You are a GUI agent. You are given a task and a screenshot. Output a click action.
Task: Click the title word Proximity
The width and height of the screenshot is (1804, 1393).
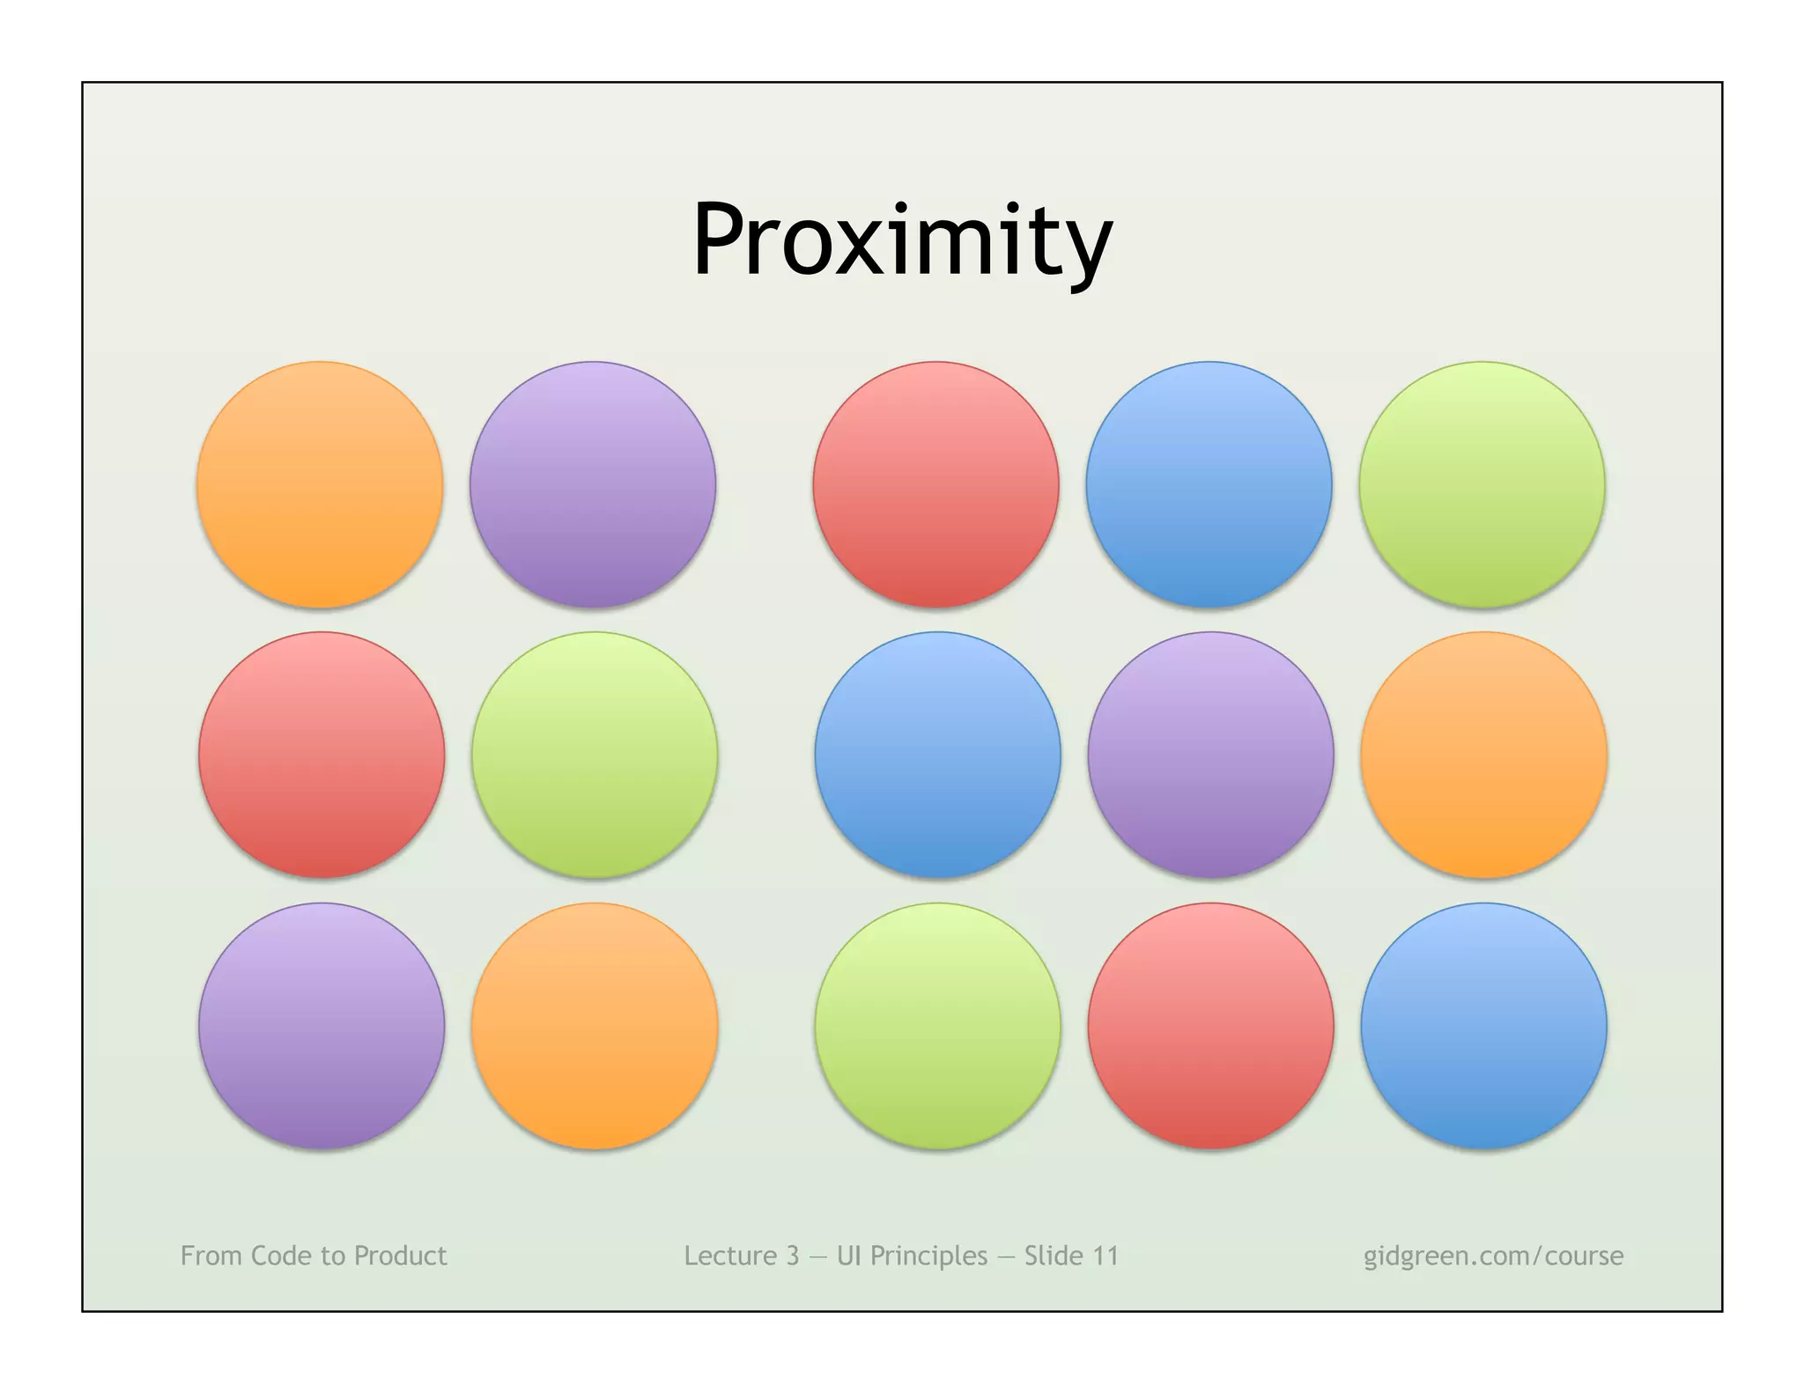click(x=902, y=240)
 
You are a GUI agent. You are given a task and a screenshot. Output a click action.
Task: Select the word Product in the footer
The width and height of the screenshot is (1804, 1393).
click(x=400, y=1256)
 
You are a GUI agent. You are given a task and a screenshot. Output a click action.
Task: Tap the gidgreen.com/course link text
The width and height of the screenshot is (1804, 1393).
click(x=1493, y=1256)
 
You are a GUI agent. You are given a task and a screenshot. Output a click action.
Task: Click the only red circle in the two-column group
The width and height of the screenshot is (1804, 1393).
click(x=322, y=755)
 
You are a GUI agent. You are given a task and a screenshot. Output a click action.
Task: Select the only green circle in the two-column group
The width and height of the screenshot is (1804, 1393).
click(x=595, y=755)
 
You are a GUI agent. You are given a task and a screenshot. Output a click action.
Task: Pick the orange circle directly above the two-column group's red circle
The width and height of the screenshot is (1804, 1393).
click(x=320, y=484)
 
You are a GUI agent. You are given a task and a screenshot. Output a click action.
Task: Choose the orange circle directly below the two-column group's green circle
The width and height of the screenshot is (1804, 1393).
click(x=595, y=1027)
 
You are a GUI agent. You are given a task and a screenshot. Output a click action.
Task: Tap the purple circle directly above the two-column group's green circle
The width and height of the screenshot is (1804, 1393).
click(x=593, y=484)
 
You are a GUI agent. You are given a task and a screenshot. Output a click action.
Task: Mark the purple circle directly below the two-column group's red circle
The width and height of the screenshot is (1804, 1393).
click(x=322, y=1027)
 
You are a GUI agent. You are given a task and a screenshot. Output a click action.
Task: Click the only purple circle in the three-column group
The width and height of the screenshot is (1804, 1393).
click(x=1210, y=755)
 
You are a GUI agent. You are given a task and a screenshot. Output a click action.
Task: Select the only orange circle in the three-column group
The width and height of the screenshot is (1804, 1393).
click(x=1484, y=755)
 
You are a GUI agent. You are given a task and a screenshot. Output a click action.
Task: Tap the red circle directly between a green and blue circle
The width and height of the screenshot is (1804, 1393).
click(x=1210, y=1027)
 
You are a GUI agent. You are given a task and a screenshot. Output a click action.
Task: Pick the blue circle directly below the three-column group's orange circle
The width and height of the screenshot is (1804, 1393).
click(x=1484, y=1027)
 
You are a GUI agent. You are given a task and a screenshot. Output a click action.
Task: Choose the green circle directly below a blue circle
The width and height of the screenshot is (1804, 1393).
click(x=937, y=1027)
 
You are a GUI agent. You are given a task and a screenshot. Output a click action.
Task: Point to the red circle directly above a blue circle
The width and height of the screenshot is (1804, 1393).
click(x=935, y=484)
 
